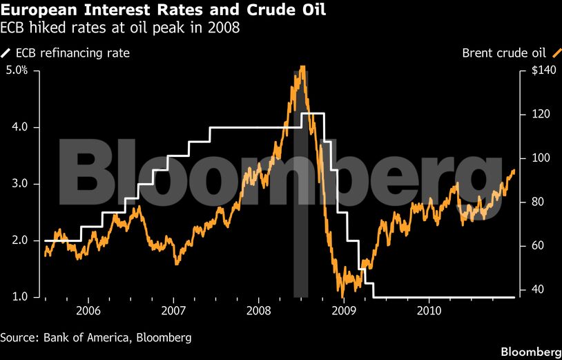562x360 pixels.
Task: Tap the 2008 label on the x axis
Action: [259, 312]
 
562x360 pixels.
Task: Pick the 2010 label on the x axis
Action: [429, 312]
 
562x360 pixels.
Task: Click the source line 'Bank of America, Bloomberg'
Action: [95, 338]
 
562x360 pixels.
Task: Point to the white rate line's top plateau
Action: [313, 113]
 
